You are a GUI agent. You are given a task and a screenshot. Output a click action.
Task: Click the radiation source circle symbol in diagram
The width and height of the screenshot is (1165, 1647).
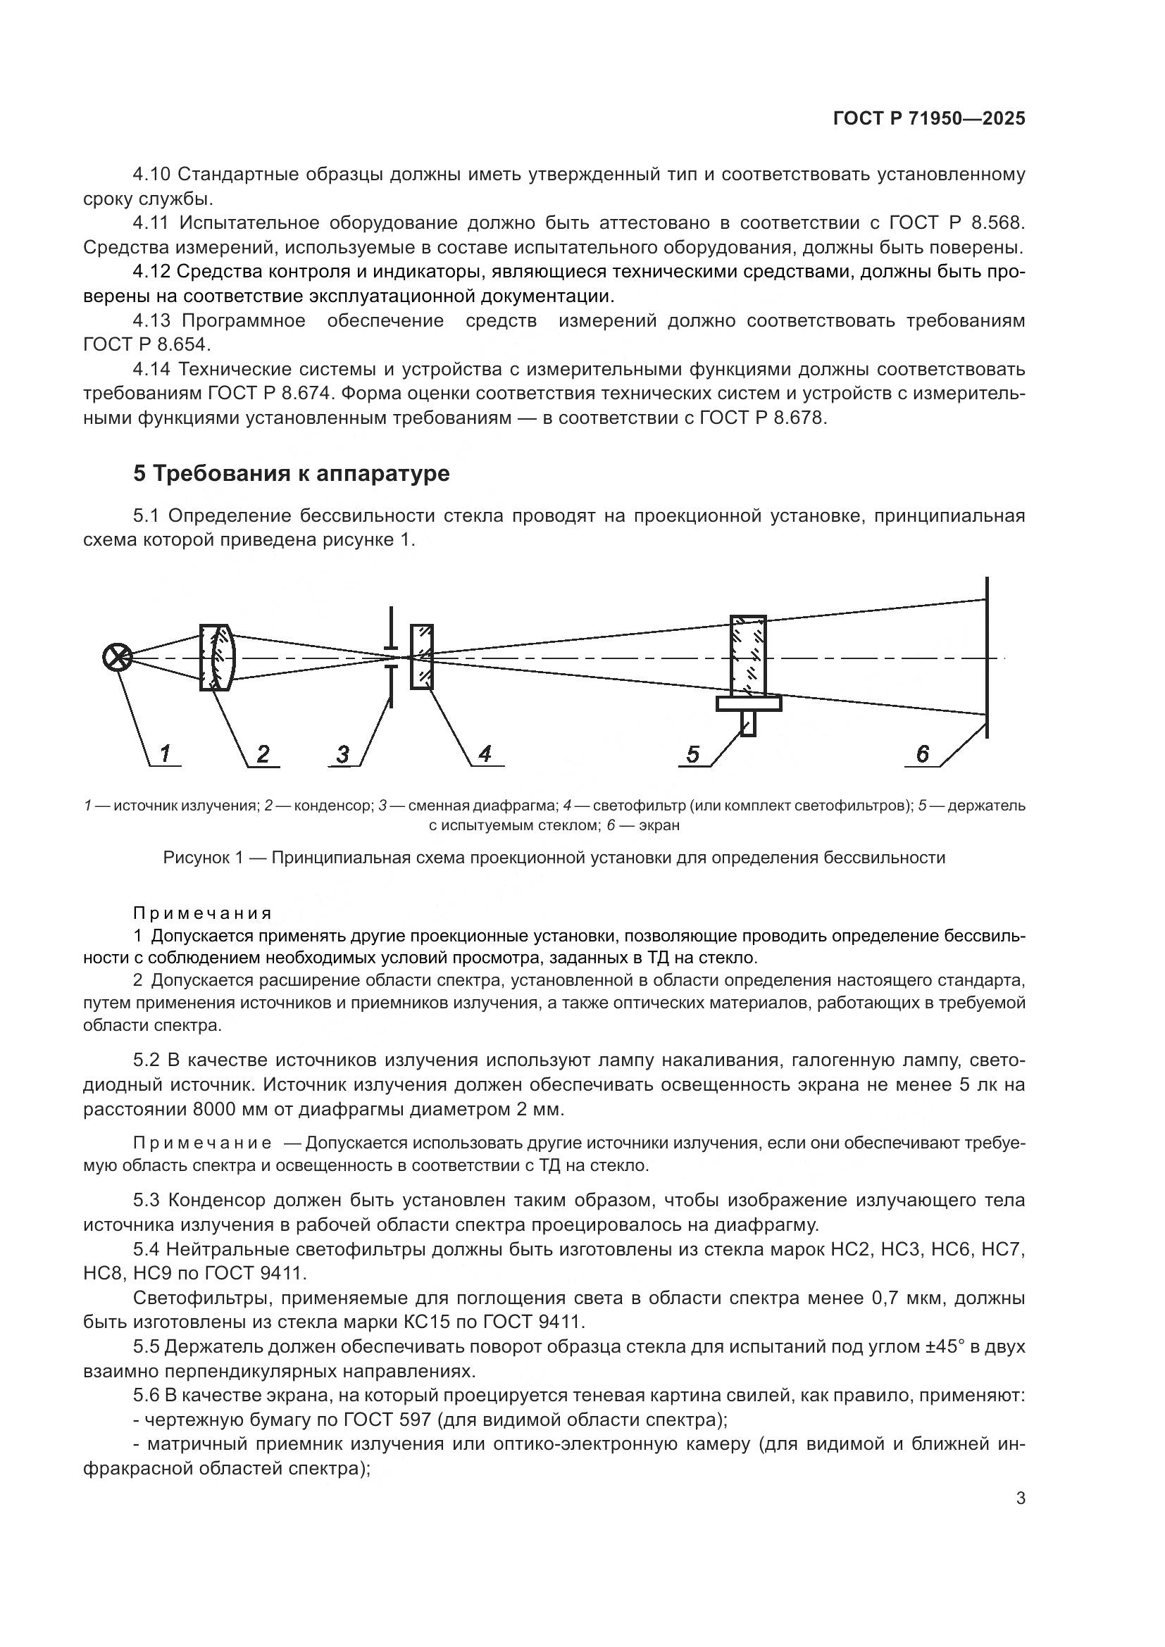[117, 658]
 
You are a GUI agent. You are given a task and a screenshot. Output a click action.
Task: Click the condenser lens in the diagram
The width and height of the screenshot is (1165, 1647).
[217, 657]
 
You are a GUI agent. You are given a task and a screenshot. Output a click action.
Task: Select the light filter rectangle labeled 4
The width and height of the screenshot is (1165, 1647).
[422, 657]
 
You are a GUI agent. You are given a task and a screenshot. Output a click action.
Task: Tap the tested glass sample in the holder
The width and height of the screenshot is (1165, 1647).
[747, 656]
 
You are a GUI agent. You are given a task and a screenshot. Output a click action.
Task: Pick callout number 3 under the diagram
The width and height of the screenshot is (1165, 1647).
[343, 755]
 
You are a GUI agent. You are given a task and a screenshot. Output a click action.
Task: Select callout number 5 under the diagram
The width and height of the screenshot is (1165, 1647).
[692, 755]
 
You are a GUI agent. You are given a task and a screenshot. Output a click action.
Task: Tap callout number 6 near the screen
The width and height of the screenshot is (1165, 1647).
[923, 754]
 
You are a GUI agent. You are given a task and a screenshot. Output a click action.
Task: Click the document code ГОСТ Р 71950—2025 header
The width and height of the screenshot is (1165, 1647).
[929, 119]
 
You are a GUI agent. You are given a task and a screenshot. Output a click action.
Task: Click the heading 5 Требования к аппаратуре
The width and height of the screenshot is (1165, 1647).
[292, 474]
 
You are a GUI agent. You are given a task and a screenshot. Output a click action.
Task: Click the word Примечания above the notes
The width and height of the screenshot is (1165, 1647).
[203, 913]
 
